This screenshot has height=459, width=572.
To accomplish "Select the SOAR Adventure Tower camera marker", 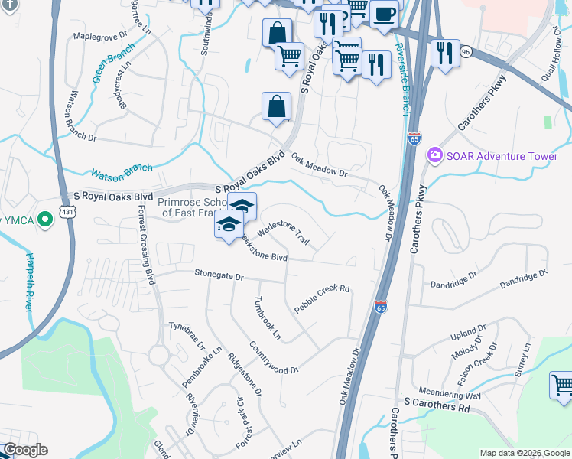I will tap(435, 156).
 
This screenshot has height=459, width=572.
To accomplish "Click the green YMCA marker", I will tap(45, 221).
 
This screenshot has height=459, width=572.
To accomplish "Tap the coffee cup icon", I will tap(385, 13).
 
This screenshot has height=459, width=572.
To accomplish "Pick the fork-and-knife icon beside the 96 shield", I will tap(444, 54).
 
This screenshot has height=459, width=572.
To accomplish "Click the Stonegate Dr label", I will tap(219, 275).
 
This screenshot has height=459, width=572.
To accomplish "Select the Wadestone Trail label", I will tap(284, 233).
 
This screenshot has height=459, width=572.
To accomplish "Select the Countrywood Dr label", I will tap(262, 359).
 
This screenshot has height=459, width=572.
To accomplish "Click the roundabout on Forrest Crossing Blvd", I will tap(159, 355).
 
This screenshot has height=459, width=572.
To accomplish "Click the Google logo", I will tap(25, 450).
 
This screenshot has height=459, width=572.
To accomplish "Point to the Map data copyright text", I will tap(524, 453).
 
